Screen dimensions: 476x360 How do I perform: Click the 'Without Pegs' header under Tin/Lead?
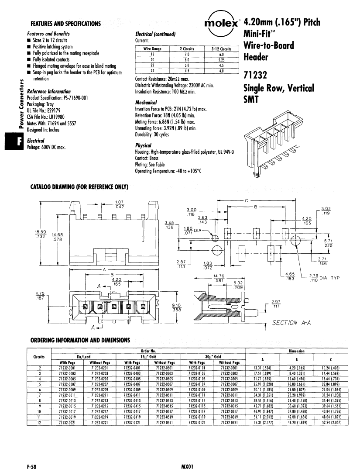click(99, 362)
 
